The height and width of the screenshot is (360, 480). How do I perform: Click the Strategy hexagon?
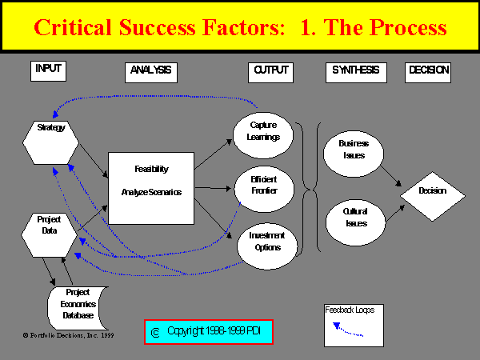coord(51,139)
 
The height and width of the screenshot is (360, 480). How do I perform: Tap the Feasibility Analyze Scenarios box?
coord(151,188)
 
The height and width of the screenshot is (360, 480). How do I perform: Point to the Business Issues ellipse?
coord(353,149)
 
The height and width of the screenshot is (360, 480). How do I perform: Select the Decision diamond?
coord(432,191)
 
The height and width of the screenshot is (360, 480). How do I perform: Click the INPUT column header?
coord(48,70)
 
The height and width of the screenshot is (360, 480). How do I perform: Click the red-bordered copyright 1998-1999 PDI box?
coord(209,331)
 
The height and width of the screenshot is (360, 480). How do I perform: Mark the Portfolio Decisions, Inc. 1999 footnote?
coord(68,335)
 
